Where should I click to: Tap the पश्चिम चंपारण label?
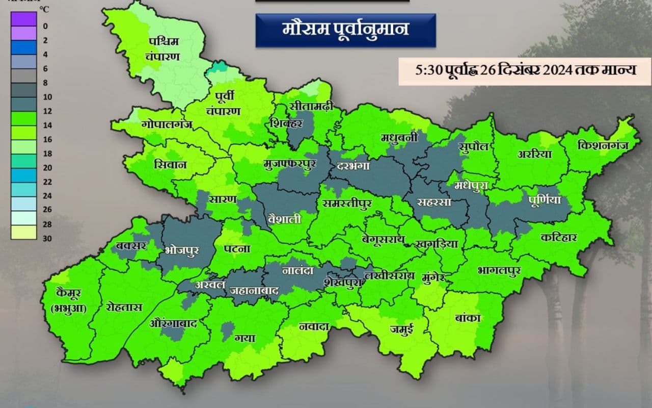[164, 48]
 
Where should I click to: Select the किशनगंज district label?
[603, 145]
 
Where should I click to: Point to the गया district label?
[244, 338]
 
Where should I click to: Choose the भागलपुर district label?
[499, 270]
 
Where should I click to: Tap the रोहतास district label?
[124, 308]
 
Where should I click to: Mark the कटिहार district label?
[559, 238]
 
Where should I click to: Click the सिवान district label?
[170, 165]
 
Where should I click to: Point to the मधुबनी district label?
[399, 137]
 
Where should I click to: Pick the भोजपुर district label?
[182, 250]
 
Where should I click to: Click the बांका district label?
[468, 318]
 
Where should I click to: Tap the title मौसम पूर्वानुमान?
[345, 29]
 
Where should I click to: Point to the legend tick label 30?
[46, 238]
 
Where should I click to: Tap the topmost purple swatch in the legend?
[23, 19]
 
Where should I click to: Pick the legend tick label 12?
[46, 111]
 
